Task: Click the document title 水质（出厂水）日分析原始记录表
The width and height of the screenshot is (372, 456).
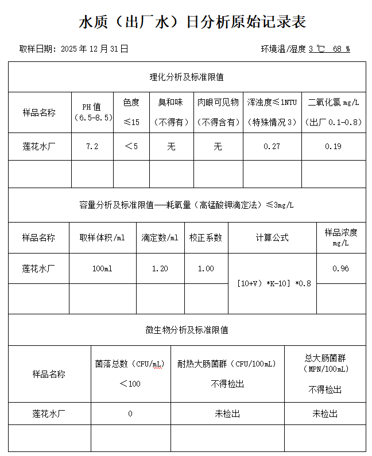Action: click(x=192, y=22)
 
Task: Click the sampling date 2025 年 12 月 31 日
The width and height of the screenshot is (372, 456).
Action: click(x=94, y=49)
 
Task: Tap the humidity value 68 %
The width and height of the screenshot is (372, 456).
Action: click(x=341, y=49)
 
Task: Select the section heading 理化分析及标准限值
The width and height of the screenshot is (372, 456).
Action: click(x=187, y=77)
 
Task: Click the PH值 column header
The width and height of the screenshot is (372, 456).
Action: click(x=92, y=107)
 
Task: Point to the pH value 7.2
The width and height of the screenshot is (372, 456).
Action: click(x=92, y=146)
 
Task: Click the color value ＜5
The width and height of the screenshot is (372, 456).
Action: click(x=131, y=146)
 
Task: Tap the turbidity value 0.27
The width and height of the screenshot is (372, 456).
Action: click(x=272, y=146)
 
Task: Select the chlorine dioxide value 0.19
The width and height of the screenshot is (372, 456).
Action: click(x=333, y=146)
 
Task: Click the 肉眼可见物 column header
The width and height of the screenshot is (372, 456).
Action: click(x=218, y=103)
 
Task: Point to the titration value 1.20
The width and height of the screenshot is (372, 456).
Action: click(x=160, y=268)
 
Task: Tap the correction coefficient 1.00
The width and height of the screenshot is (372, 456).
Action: click(x=206, y=268)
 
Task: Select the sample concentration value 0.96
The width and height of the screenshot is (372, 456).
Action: click(x=340, y=268)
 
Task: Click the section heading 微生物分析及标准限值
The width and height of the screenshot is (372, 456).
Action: click(x=187, y=330)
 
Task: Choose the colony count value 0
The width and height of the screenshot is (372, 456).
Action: click(x=130, y=414)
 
